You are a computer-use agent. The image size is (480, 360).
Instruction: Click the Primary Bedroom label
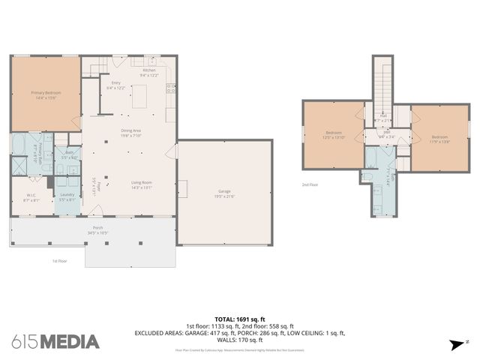coord(45,94)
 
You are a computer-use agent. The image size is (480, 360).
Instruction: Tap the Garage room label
coord(224,193)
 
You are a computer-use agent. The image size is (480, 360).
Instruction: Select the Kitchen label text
coord(149,72)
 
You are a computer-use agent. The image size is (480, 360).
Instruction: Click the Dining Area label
coord(132,133)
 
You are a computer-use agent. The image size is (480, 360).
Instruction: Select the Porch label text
coord(97,229)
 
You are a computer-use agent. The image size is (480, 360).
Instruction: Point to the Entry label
coord(115,85)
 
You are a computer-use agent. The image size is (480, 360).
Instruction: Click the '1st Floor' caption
coord(60,261)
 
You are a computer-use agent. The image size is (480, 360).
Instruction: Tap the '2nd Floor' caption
coord(309,184)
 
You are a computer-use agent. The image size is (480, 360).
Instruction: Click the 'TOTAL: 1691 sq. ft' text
coord(239,318)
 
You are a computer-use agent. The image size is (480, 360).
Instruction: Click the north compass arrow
coord(457,345)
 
